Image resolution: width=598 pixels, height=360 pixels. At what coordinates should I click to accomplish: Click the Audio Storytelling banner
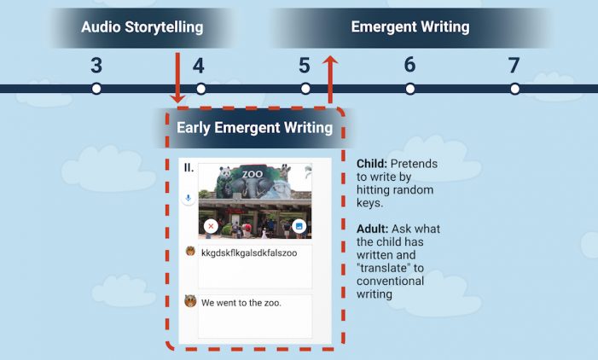(x=142, y=28)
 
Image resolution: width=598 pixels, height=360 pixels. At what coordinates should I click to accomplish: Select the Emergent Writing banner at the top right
(x=410, y=28)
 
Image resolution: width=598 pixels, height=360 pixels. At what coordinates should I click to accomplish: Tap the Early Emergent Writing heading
(x=254, y=128)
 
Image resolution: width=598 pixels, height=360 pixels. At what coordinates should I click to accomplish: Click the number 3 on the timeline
(x=96, y=65)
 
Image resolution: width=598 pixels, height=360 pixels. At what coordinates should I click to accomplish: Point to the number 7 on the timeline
(x=514, y=65)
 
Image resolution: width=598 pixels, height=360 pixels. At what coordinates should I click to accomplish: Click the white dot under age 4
(x=201, y=89)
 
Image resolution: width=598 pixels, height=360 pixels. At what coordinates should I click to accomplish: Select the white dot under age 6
(x=410, y=89)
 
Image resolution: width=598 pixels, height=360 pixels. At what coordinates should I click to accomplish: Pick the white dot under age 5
(x=305, y=89)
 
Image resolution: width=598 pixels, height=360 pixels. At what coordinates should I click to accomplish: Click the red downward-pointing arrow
(x=177, y=78)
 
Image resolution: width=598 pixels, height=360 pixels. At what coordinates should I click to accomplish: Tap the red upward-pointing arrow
(x=330, y=79)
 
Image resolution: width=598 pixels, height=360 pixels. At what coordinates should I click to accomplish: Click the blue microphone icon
(x=188, y=198)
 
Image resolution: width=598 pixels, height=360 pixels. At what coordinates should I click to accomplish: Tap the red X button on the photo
(x=211, y=226)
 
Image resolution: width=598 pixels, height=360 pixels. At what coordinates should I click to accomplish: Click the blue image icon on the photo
(x=299, y=226)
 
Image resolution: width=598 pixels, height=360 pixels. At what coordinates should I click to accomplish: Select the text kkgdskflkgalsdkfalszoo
(x=249, y=253)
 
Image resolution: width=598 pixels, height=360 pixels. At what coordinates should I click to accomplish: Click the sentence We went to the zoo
(x=241, y=303)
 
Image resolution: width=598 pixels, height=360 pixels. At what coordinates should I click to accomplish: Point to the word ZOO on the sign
(x=253, y=174)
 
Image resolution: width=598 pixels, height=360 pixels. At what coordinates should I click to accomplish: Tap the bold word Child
(x=372, y=164)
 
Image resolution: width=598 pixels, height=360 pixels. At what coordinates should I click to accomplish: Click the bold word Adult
(x=373, y=229)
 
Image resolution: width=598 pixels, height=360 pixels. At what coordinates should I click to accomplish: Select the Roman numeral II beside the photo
(x=189, y=167)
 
